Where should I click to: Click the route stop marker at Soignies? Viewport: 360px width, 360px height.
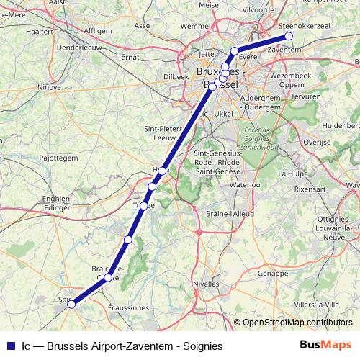[71, 304]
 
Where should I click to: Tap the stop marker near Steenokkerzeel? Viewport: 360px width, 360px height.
[289, 36]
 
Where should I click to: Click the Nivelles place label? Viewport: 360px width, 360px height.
[207, 284]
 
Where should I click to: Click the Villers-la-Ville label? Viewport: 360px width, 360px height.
[319, 304]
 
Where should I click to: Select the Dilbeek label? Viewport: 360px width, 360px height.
[176, 76]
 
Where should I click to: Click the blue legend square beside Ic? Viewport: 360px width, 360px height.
[9, 346]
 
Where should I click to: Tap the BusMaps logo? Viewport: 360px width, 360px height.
[325, 345]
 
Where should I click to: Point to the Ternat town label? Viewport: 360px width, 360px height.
[128, 56]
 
